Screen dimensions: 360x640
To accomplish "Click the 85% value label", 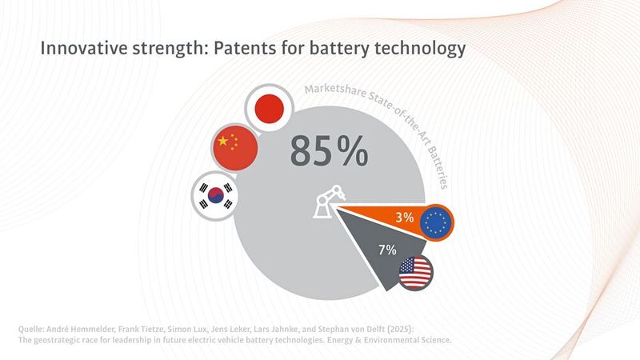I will coord(329,150).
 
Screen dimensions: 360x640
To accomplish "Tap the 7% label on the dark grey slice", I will coord(386,250).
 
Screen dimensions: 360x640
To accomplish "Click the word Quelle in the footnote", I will coord(33,329).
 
